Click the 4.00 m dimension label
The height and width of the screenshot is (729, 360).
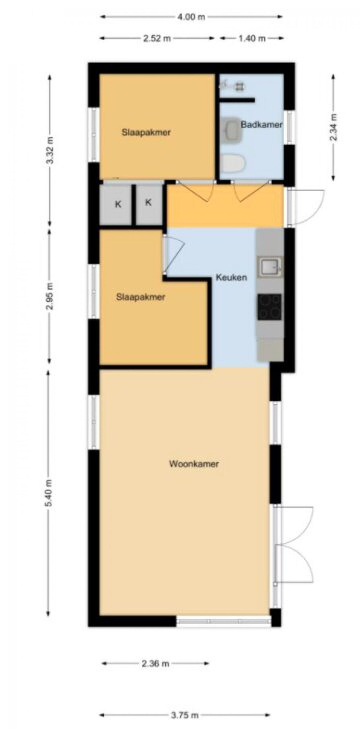(191, 17)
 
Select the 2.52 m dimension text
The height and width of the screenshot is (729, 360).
(157, 38)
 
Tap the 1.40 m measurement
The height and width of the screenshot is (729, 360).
(252, 38)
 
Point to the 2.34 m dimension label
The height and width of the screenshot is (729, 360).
(333, 127)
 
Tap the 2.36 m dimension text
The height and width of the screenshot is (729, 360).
(155, 664)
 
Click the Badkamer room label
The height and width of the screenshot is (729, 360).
(261, 124)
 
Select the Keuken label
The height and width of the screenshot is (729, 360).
(231, 277)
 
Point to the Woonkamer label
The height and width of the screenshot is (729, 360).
(194, 464)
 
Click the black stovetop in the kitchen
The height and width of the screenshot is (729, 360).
(269, 307)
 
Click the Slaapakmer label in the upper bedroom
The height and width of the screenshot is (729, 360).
(146, 132)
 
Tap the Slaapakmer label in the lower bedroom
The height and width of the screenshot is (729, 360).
(141, 297)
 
